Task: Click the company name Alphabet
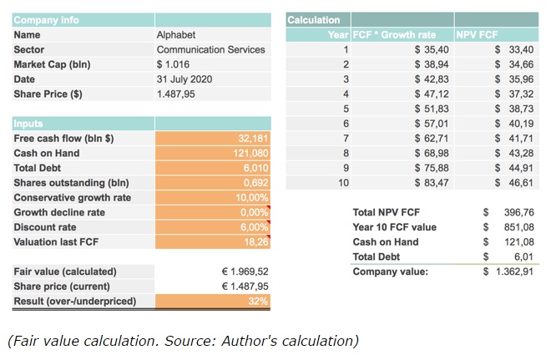[175, 35]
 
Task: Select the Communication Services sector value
[210, 49]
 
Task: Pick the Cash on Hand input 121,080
[250, 153]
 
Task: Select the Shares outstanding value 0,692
[255, 183]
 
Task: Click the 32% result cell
[259, 301]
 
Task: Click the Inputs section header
[28, 124]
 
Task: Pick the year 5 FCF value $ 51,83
[432, 109]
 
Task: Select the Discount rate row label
[45, 227]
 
